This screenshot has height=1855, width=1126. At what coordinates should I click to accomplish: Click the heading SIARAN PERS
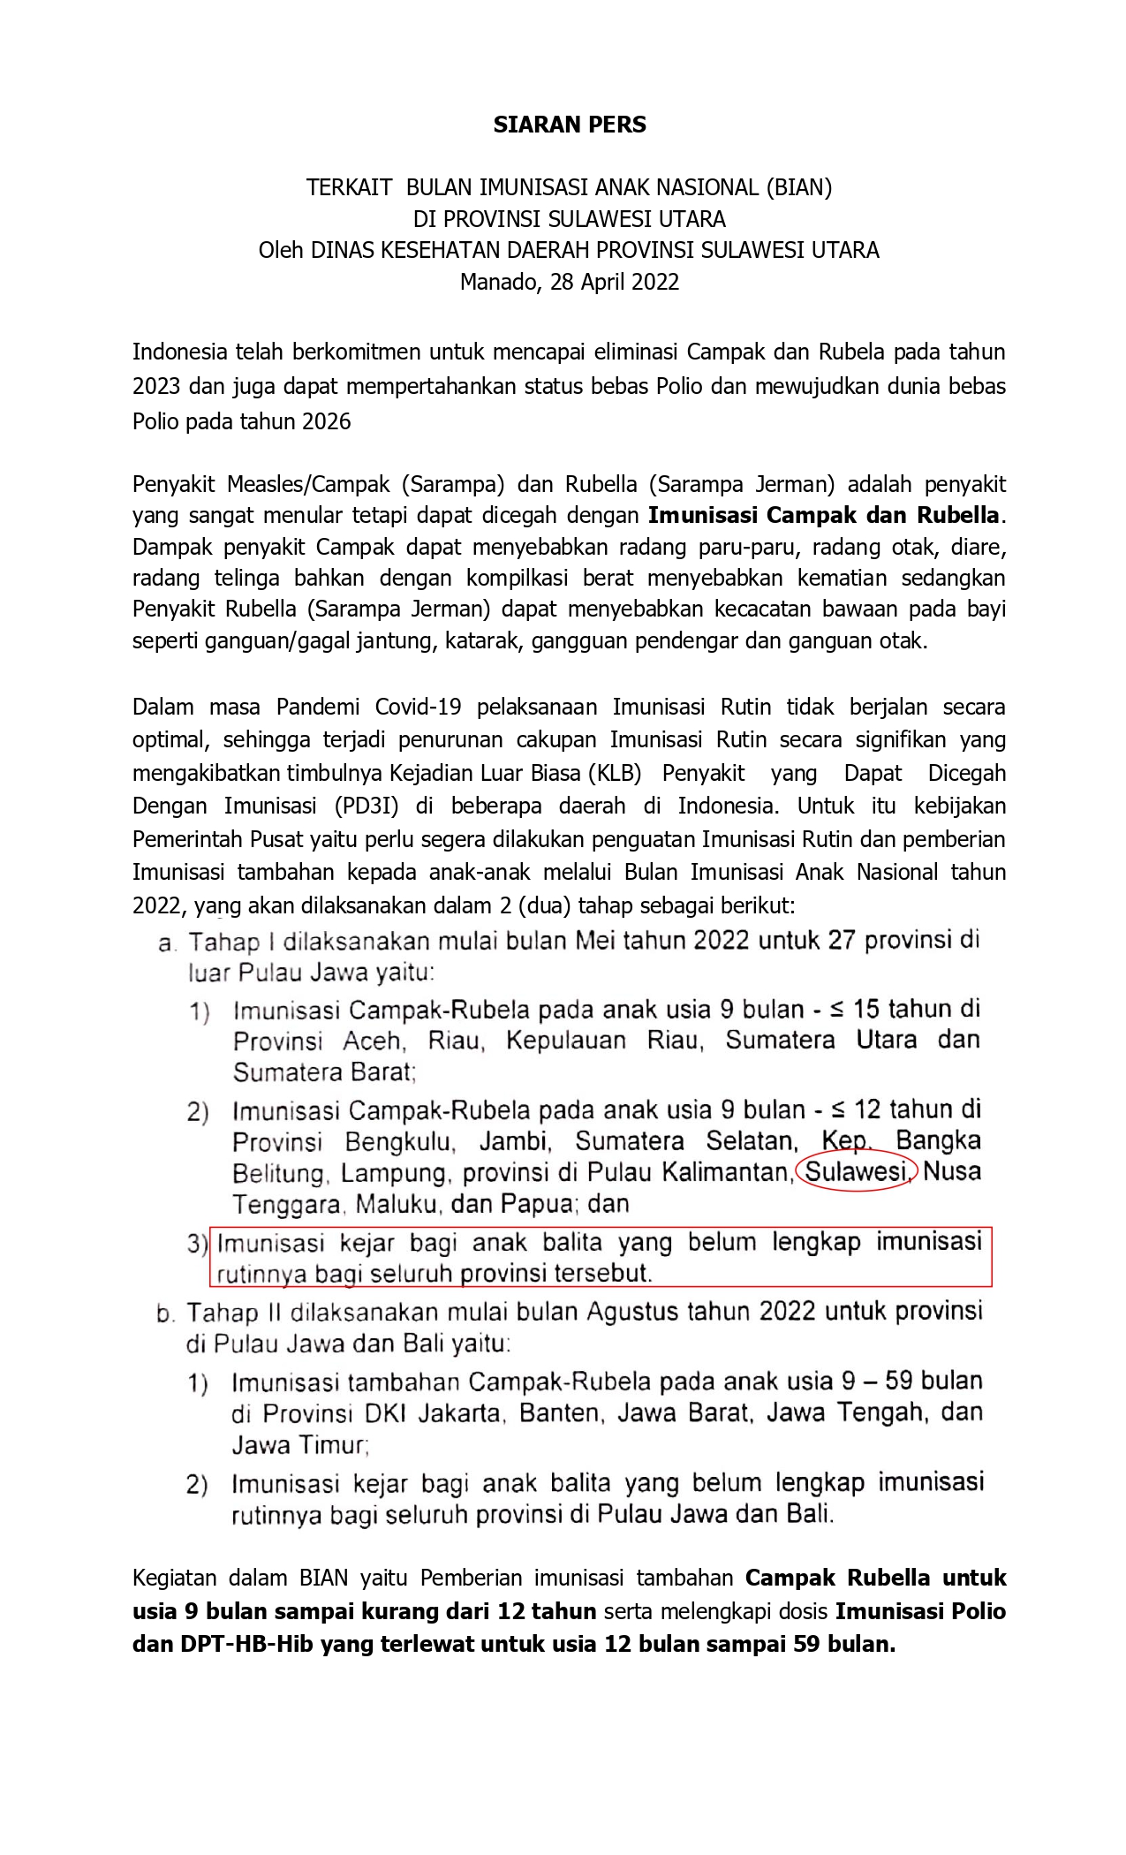click(570, 125)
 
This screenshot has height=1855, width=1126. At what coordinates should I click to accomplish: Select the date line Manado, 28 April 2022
click(570, 282)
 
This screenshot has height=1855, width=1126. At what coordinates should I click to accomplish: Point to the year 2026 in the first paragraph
click(327, 421)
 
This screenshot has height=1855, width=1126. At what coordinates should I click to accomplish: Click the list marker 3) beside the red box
click(197, 1244)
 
